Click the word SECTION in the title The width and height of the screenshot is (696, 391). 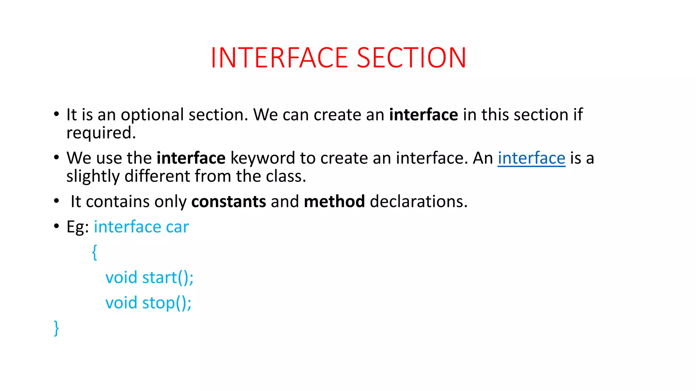[412, 58]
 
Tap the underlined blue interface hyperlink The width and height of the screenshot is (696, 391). [531, 158]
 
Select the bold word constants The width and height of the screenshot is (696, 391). [228, 202]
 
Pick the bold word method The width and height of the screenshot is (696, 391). [334, 202]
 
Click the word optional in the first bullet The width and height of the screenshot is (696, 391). [152, 115]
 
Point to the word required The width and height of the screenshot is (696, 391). [101, 133]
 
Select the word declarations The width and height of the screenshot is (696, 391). [418, 202]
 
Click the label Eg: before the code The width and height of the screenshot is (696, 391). [77, 227]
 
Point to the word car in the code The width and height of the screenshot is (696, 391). [177, 227]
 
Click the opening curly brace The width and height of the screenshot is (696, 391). [94, 252]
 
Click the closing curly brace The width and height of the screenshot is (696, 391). [56, 328]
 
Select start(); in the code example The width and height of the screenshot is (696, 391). [168, 278]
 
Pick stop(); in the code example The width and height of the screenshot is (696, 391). [167, 303]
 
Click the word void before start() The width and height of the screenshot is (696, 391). [121, 278]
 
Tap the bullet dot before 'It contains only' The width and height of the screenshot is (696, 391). [56, 201]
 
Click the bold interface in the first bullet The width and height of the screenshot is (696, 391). [423, 115]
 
